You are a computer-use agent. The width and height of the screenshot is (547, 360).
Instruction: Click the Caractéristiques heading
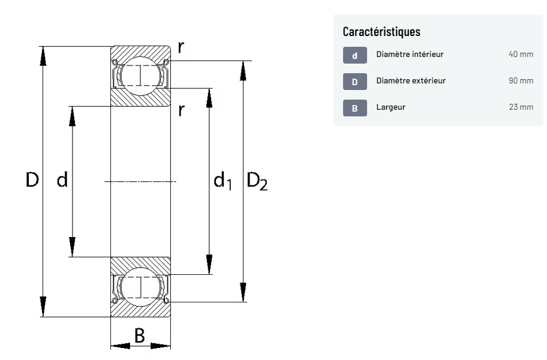pyautogui.click(x=381, y=31)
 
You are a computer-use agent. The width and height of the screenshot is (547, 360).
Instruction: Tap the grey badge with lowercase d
pyautogui.click(x=355, y=55)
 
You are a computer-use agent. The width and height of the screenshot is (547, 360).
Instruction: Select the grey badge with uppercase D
pyautogui.click(x=355, y=82)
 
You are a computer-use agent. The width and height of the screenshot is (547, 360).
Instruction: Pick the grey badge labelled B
pyautogui.click(x=355, y=108)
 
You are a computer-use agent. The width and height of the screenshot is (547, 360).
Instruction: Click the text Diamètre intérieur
pyautogui.click(x=410, y=54)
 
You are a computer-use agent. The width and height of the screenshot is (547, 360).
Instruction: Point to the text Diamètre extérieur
pyautogui.click(x=411, y=80)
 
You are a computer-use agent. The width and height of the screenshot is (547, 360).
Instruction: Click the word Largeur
pyautogui.click(x=390, y=107)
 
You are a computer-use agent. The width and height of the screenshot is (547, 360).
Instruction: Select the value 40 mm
pyautogui.click(x=521, y=54)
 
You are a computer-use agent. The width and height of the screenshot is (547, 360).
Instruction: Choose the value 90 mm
pyautogui.click(x=521, y=80)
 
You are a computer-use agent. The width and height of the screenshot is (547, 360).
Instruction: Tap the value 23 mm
pyautogui.click(x=521, y=107)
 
